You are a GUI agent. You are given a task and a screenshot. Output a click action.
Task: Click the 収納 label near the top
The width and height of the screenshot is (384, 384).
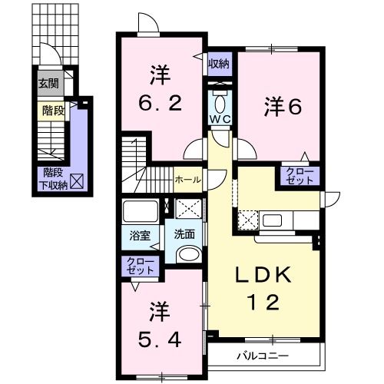[x=219, y=65]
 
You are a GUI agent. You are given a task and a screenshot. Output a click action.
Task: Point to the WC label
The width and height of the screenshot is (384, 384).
[x=220, y=121]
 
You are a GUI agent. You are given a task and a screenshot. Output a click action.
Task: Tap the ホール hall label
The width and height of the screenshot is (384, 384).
[x=188, y=180]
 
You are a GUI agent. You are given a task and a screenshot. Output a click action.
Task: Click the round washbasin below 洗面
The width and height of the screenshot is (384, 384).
[x=187, y=254]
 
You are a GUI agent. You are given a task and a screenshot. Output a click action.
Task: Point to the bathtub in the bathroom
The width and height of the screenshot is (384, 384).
[x=140, y=210]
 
